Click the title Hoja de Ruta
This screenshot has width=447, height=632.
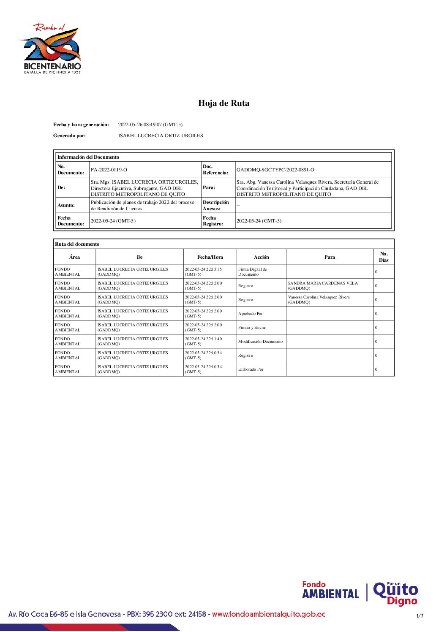pos(223,103)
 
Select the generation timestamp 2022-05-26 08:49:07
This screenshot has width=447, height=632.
pos(150,125)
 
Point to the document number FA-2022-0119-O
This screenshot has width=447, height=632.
pos(109,170)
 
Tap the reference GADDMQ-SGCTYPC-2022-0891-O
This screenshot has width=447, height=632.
pos(275,170)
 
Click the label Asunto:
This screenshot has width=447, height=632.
pos(66,205)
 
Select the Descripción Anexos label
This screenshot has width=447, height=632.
pos(215,205)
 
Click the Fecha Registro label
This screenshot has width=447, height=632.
pos(213,221)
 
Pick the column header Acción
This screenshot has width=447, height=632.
pos(261,257)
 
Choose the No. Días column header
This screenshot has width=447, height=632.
pos(384,257)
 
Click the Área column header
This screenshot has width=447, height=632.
pos(74,257)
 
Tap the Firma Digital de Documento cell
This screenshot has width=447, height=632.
pos(252,272)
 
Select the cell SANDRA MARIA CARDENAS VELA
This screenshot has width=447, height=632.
pos(323,286)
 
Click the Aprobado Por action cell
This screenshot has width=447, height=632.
pos(250,314)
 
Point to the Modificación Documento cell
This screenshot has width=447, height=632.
pos(260,342)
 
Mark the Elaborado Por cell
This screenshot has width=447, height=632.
pos(251,369)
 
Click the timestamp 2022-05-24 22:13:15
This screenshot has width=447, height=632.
pos(203,272)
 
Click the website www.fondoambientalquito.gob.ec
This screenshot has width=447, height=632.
pos(269,614)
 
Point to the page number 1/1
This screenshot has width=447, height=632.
pos(420,616)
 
